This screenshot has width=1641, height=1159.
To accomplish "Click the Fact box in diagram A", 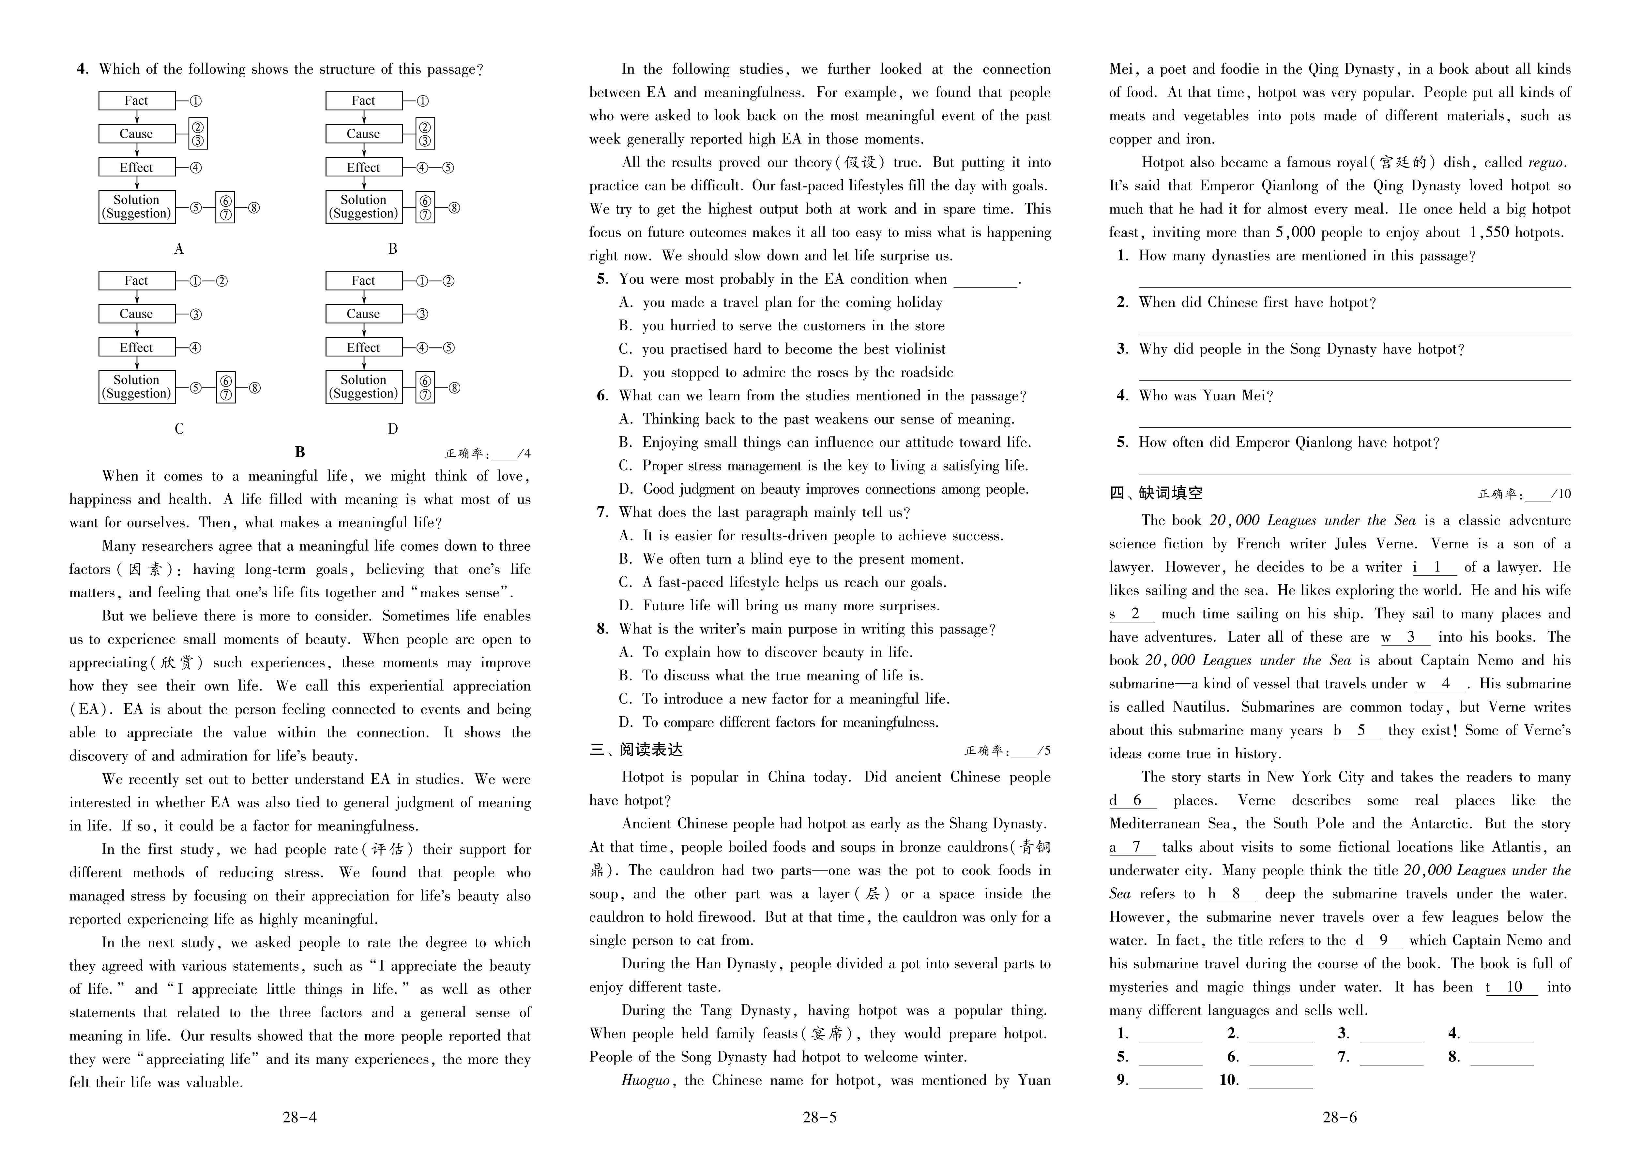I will click(137, 101).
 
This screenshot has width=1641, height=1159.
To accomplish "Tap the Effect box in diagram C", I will click(137, 347).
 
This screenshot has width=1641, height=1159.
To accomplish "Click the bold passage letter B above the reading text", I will click(300, 452).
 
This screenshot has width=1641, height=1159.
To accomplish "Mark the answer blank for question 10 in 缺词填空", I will click(1281, 1080).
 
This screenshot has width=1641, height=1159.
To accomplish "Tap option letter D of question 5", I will click(626, 372).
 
